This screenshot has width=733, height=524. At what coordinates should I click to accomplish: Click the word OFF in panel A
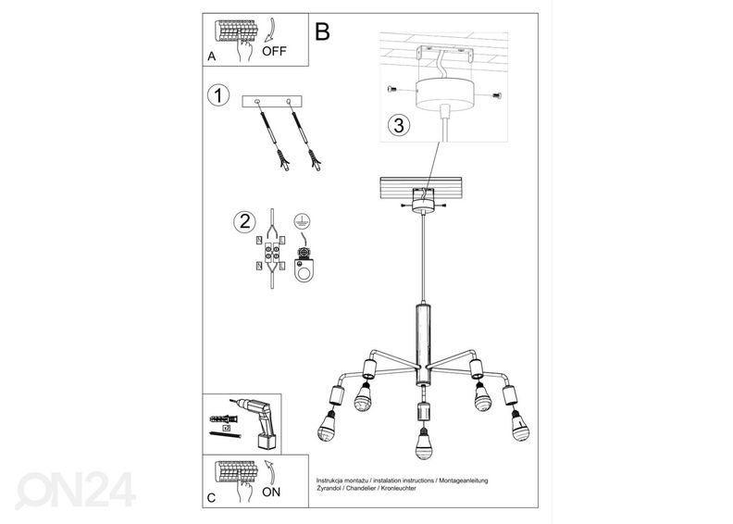(274, 51)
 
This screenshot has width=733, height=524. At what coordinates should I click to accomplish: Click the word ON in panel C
(271, 492)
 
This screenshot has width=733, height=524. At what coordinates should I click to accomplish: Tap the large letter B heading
(322, 31)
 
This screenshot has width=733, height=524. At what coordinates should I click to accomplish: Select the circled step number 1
(218, 95)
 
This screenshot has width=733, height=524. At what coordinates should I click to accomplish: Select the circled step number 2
(244, 221)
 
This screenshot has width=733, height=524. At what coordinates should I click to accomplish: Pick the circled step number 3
(399, 125)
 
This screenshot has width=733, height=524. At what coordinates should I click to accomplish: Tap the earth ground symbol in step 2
(303, 220)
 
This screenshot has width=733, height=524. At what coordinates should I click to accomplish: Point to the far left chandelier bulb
(328, 427)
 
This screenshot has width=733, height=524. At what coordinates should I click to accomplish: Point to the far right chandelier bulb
(519, 425)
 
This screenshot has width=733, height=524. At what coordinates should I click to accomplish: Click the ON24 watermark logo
(75, 490)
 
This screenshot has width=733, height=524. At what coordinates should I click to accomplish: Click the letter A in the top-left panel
(212, 56)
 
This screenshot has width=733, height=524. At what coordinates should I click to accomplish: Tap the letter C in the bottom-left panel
(211, 498)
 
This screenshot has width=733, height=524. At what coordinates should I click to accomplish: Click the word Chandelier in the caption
(359, 488)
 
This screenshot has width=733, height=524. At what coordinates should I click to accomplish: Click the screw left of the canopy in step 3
(392, 88)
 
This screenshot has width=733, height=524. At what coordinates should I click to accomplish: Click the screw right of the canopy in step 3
(496, 95)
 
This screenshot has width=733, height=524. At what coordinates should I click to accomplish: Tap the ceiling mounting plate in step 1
(272, 101)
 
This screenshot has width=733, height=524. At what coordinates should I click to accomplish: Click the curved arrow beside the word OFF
(269, 30)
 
